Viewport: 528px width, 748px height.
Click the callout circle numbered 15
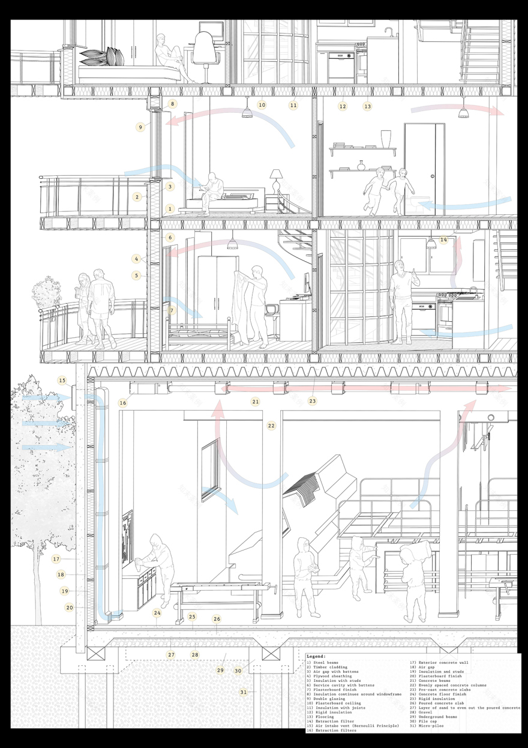[62, 380]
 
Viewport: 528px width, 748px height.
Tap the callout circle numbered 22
[271, 426]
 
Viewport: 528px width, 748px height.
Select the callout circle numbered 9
[140, 127]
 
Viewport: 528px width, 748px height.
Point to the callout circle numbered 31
[244, 692]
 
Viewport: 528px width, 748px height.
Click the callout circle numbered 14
[443, 240]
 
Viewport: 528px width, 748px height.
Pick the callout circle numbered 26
[217, 619]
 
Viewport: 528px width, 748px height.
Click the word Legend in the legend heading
[316, 657]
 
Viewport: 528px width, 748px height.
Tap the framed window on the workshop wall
[209, 469]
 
